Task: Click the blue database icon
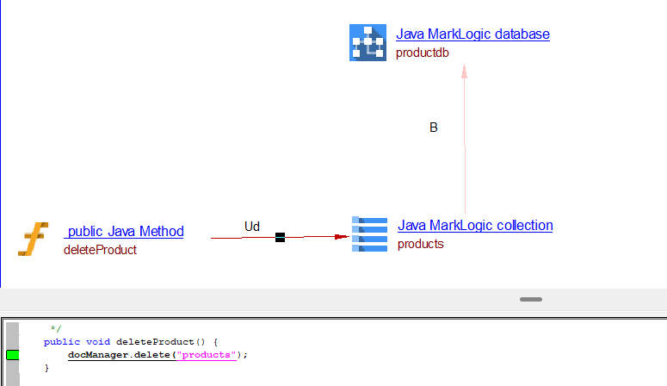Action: coord(367,43)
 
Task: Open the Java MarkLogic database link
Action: coord(472,34)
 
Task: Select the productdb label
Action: coord(422,53)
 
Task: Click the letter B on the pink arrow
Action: coord(434,128)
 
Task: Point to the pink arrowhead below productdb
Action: coord(465,74)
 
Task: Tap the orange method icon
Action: coord(34,240)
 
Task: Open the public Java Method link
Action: coord(124,231)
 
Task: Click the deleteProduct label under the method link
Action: coord(100,250)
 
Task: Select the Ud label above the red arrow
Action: coord(251,227)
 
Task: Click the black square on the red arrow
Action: coord(280,237)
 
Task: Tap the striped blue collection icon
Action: coord(369,233)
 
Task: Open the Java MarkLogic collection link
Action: coord(475,226)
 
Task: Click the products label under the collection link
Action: coord(421,244)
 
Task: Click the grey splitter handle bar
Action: coord(531,299)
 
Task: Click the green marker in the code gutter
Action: coord(12,355)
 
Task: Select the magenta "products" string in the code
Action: coord(207,355)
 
